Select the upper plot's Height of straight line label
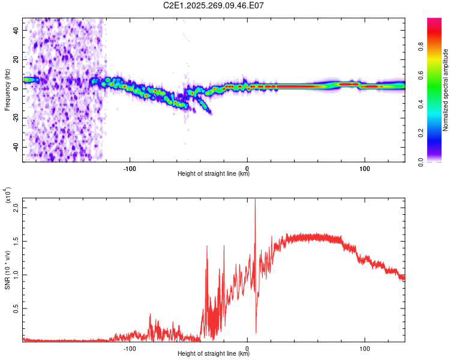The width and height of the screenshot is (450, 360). point(214,174)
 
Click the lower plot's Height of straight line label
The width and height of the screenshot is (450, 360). point(214,354)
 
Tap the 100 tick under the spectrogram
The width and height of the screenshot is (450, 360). point(364,168)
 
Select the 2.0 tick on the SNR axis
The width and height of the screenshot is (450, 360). point(16,207)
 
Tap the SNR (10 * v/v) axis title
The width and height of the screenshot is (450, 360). point(8,269)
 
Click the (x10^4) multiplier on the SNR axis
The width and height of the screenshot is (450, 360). point(8,196)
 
